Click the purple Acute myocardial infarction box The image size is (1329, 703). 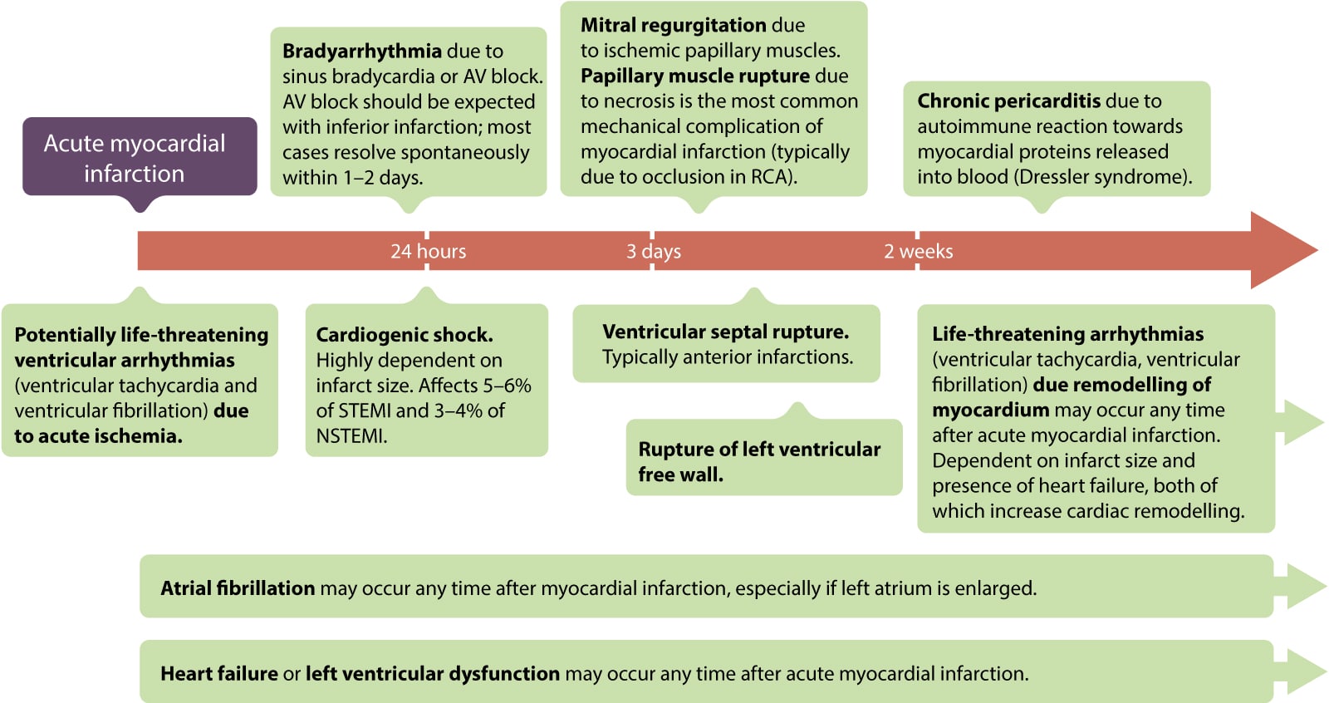click(x=139, y=157)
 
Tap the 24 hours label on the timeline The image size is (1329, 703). click(x=428, y=251)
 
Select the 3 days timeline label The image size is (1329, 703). click(x=653, y=251)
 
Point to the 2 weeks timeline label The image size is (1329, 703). click(x=918, y=251)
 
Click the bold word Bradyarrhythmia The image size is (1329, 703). click(x=361, y=51)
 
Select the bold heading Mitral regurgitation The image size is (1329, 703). click(x=673, y=25)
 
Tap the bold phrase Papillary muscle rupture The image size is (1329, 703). click(x=695, y=76)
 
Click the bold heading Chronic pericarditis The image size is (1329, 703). click(x=1008, y=101)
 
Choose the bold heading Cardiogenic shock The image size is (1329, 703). click(x=404, y=334)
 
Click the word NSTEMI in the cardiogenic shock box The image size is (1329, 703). click(x=351, y=435)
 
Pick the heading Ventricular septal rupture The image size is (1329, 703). click(x=725, y=332)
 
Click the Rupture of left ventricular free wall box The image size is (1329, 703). click(x=763, y=461)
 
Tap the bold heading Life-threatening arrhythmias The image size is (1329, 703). click(x=1067, y=333)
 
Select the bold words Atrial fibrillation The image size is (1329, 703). click(x=238, y=587)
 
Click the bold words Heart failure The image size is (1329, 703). click(x=218, y=673)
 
